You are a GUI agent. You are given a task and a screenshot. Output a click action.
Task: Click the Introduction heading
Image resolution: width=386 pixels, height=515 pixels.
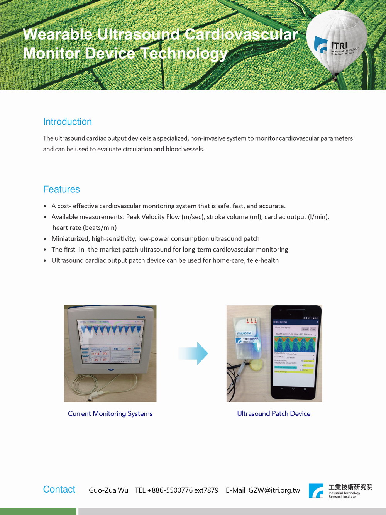pos(68,122)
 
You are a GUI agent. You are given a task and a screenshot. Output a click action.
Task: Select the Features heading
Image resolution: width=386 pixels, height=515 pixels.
pos(61,189)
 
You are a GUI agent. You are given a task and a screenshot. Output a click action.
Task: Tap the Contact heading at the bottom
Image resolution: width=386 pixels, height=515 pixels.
pos(59,489)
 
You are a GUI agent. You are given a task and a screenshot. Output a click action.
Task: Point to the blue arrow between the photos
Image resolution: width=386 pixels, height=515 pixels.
pos(194,353)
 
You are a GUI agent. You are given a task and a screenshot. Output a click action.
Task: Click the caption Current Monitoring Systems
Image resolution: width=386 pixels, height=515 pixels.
pos(110,413)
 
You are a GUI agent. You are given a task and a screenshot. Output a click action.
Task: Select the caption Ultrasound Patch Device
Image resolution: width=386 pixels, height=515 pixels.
pos(274,413)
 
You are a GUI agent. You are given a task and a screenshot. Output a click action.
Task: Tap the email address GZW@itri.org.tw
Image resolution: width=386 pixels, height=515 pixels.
pos(274,490)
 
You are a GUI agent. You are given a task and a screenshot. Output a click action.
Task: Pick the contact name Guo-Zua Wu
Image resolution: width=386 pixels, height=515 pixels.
pos(108,490)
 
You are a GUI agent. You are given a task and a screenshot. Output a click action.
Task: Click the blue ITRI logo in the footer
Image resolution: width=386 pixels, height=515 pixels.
pos(316,490)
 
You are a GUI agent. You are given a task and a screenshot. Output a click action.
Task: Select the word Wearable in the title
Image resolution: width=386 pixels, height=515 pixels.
pos(58,34)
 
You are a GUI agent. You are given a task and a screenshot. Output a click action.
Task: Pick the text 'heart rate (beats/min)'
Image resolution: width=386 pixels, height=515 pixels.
pos(85,228)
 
